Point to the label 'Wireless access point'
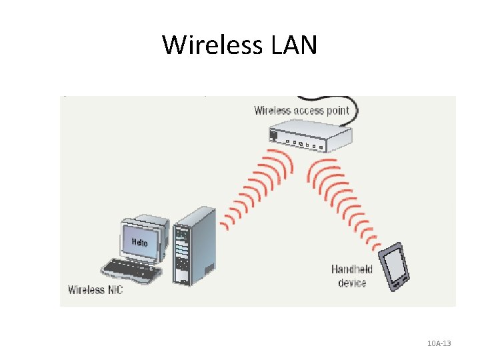(301, 110)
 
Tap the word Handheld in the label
(352, 269)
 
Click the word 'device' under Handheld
(352, 283)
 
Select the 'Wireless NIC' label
(95, 289)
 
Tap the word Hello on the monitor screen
(139, 241)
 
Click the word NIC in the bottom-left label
(114, 289)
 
